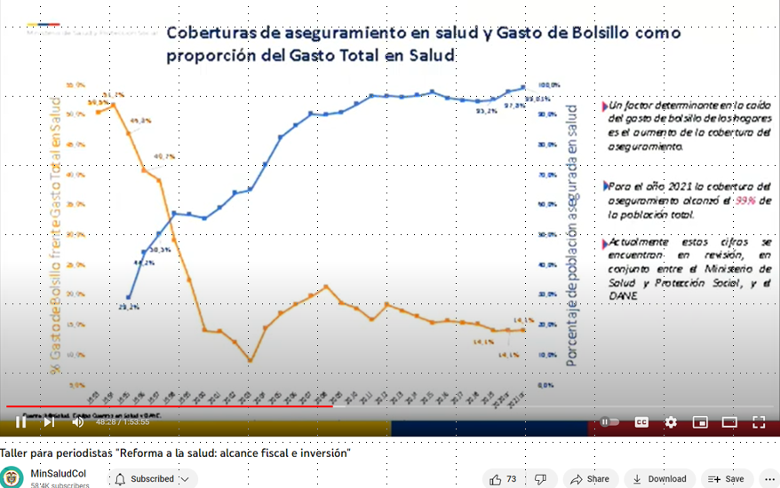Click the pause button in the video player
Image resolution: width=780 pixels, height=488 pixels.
(21, 422)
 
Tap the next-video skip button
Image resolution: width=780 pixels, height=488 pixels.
(49, 422)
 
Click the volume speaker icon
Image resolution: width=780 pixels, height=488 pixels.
(78, 422)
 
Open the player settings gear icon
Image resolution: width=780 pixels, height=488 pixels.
(671, 422)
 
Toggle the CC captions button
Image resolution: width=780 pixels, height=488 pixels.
(641, 422)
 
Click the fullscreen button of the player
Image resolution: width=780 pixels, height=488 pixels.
(759, 422)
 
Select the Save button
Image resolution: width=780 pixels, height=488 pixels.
(726, 479)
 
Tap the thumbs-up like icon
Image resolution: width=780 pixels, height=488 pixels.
(496, 479)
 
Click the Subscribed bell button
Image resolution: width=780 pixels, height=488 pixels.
(152, 479)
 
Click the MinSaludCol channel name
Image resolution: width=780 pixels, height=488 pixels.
(58, 474)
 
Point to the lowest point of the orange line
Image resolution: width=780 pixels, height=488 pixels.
(251, 361)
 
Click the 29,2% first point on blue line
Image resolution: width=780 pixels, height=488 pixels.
(128, 297)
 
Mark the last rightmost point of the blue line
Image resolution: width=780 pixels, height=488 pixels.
(523, 88)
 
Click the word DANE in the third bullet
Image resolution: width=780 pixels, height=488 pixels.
(624, 295)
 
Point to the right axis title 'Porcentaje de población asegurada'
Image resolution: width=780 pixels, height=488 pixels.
(573, 235)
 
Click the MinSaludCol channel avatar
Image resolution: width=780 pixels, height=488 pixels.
(12, 478)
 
